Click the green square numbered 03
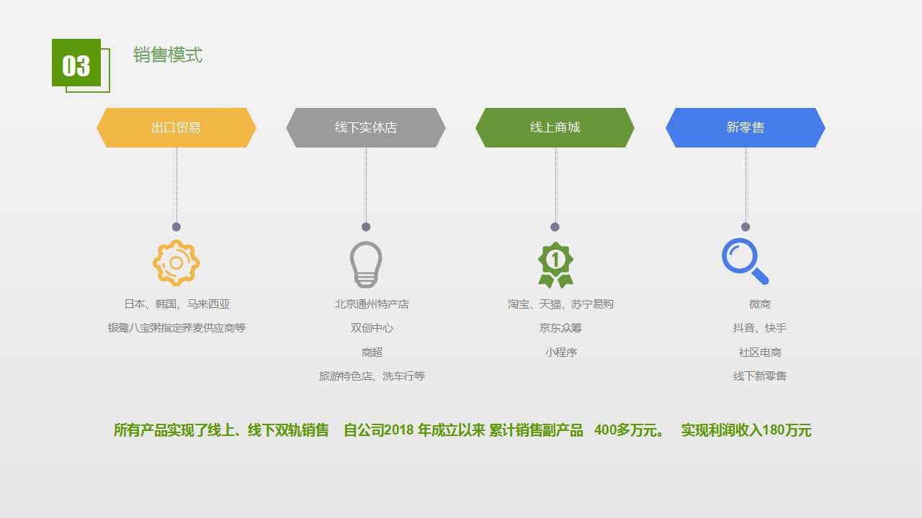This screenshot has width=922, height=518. tap(76, 63)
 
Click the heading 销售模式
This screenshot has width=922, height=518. tap(168, 55)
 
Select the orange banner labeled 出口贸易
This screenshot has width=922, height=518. tap(176, 127)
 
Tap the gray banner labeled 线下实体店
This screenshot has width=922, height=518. tap(365, 127)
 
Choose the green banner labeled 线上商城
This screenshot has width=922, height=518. tap(555, 127)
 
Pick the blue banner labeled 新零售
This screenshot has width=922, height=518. tap(746, 127)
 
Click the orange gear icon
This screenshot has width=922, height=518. tap(176, 263)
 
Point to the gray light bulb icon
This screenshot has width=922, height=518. tap(366, 264)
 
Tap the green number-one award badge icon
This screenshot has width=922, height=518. tap(555, 265)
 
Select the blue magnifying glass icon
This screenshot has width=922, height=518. tap(745, 261)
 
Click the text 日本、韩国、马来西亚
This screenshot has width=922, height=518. tap(177, 304)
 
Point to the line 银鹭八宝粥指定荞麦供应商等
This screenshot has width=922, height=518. tap(177, 328)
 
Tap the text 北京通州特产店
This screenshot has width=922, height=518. tap(372, 304)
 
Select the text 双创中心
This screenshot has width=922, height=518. tap(372, 328)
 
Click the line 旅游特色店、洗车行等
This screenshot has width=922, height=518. tap(372, 376)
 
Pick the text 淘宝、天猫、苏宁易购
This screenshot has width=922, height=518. tap(560, 304)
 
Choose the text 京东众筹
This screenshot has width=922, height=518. tap(560, 328)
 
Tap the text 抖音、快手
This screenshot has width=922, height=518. tap(759, 328)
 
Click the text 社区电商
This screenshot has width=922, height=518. tap(760, 353)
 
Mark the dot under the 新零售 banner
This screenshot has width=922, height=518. tap(746, 227)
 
